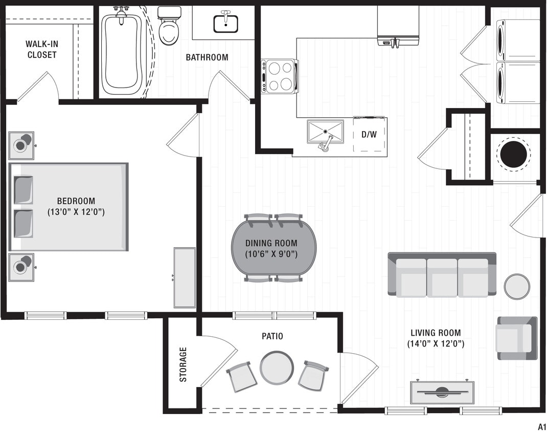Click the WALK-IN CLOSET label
(42, 49)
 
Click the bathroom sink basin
(225, 23)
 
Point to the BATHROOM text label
(207, 57)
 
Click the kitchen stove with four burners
(280, 76)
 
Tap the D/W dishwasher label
(369, 135)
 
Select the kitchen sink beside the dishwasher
(325, 132)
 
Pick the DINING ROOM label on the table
(271, 244)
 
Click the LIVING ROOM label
(436, 333)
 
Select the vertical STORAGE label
(183, 364)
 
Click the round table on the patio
(277, 368)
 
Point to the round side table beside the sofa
(517, 287)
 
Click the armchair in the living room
(516, 338)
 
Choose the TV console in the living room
(442, 393)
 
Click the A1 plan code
(541, 426)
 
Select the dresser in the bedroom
(185, 277)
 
